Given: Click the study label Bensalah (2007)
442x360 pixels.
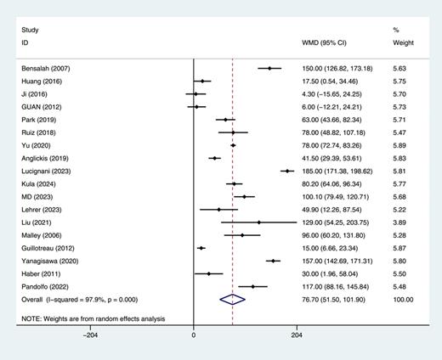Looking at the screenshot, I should click(x=42, y=68).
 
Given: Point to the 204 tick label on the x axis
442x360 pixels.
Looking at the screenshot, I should click(x=297, y=335).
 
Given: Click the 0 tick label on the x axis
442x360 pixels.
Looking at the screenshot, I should click(x=194, y=335).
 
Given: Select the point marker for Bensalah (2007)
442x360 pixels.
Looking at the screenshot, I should click(x=269, y=68).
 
